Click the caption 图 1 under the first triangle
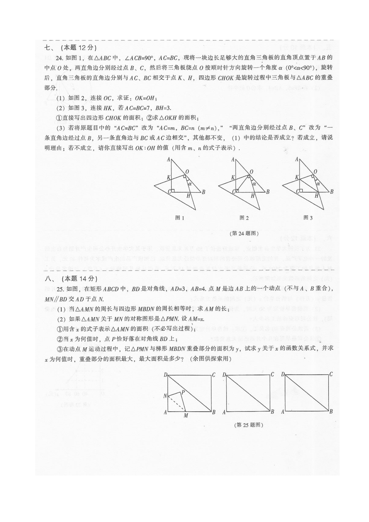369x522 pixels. [x=180, y=218]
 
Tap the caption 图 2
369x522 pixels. [x=244, y=218]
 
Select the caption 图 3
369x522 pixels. [x=308, y=218]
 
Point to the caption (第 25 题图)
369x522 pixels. [x=249, y=425]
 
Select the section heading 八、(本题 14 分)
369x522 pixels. [x=71, y=279]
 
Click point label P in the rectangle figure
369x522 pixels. [x=183, y=392]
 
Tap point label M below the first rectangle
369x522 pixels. [x=186, y=415]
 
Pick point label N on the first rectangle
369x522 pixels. [x=165, y=396]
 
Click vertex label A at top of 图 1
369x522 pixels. [x=168, y=160]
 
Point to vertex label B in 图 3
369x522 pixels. [x=332, y=192]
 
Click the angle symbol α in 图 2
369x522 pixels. [x=254, y=184]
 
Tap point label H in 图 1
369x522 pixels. [x=188, y=196]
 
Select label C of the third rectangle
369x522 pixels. [x=331, y=374]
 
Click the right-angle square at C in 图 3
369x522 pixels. [x=301, y=191]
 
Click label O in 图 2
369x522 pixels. [x=252, y=172]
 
